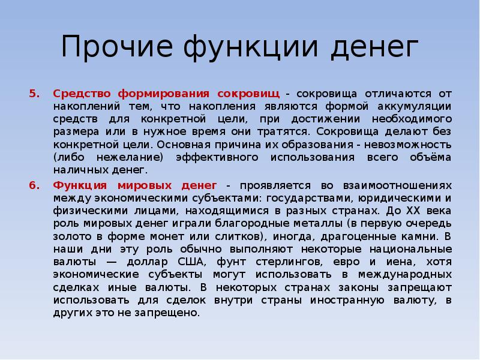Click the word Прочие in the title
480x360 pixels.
point(117,46)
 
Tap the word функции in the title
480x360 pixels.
point(251,47)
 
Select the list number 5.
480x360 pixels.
point(35,94)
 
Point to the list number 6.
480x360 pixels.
point(35,185)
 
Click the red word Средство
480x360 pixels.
point(82,94)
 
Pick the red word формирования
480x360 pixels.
point(164,94)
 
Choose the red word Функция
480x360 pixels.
point(80,186)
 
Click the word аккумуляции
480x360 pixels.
point(415,107)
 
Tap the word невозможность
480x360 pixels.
point(408,145)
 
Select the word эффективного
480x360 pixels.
point(217,157)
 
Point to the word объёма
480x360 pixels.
point(431,157)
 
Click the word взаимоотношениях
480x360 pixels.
point(397,186)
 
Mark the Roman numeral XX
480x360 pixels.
point(413,211)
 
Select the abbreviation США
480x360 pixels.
point(190,262)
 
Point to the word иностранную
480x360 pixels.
point(347,301)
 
